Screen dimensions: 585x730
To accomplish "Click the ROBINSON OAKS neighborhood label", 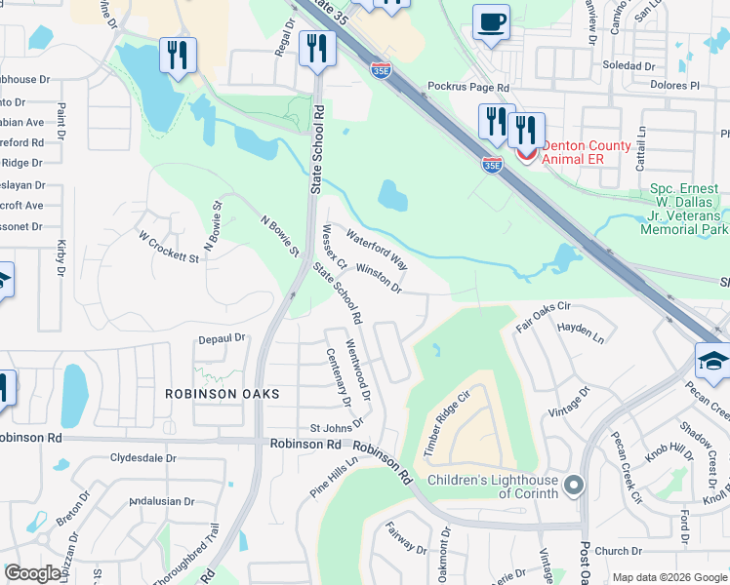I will (222, 394).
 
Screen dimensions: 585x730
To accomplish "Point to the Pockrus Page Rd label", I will (469, 87).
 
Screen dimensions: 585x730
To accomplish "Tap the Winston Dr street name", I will (380, 277).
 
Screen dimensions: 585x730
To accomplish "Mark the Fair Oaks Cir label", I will (543, 312).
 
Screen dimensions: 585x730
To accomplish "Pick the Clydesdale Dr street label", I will (142, 457).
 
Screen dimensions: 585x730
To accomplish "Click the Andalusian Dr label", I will (163, 501).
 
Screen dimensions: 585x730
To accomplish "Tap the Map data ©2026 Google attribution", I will (669, 577).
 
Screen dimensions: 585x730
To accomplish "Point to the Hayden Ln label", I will (581, 331).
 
